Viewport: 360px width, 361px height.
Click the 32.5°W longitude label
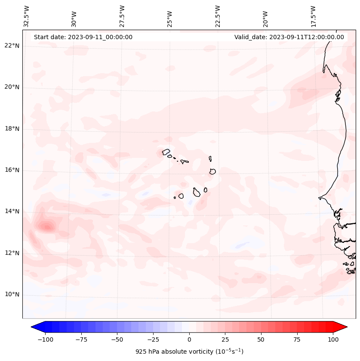(x=27, y=16)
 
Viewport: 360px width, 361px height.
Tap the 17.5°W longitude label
(x=314, y=16)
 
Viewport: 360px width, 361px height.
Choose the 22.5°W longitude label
(x=218, y=16)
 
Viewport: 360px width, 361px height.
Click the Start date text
(x=83, y=37)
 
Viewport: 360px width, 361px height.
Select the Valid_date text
(x=289, y=37)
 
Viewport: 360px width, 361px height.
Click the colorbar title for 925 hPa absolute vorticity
(x=189, y=352)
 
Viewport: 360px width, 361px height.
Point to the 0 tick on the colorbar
(x=189, y=339)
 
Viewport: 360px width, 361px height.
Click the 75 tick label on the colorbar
(x=297, y=339)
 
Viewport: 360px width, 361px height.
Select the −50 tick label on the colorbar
(x=117, y=339)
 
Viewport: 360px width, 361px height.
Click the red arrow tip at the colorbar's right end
(x=344, y=327)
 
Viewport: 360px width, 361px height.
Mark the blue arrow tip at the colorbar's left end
(x=34, y=327)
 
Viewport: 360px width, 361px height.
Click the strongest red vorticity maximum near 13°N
(x=45, y=226)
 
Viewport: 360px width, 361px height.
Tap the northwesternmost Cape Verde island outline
(x=166, y=152)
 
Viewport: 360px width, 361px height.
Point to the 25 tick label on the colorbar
(x=225, y=339)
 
